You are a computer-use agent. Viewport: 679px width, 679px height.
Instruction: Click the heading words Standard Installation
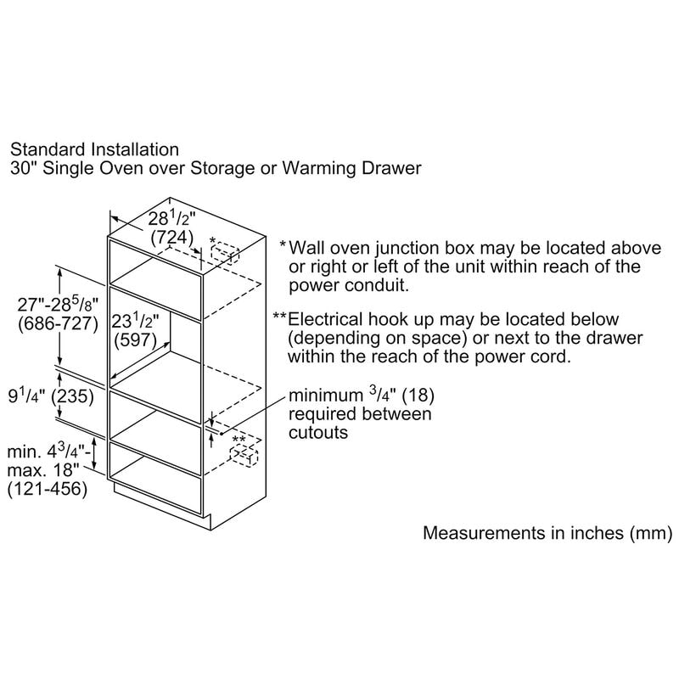pos(94,151)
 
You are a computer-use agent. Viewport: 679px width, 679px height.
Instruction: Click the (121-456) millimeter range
pos(46,490)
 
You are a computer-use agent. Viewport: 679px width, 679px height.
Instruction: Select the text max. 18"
pos(34,471)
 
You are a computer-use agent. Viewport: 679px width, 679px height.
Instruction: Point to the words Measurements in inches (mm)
pos(547,534)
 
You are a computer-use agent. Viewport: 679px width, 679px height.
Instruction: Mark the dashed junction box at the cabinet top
pos(225,253)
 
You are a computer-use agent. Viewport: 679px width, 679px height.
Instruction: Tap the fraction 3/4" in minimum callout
pos(378,395)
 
